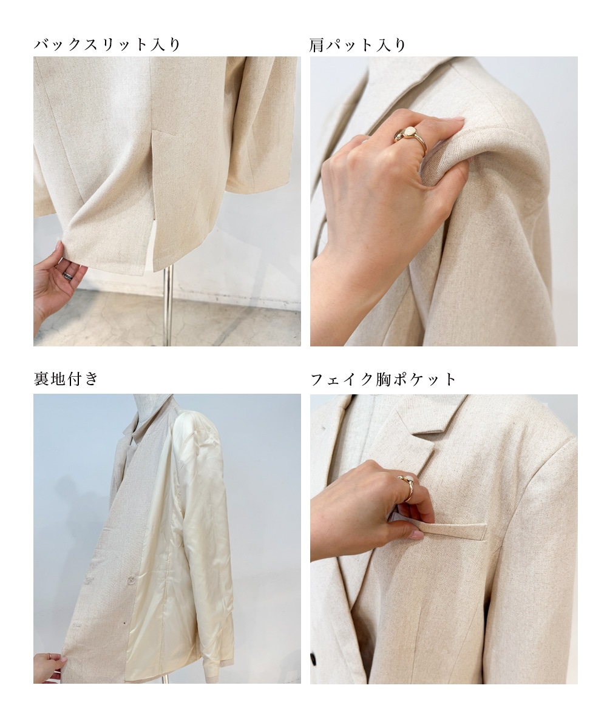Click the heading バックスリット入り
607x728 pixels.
107,45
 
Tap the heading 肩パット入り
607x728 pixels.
358,45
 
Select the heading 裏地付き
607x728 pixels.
66,379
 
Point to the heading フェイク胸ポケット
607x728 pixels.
383,379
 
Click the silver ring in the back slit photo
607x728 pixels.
68,275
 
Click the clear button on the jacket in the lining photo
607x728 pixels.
132,580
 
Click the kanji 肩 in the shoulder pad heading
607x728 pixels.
316,45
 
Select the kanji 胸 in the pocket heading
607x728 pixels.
383,379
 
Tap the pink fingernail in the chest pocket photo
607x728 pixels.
417,534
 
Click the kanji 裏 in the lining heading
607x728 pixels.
41,379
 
